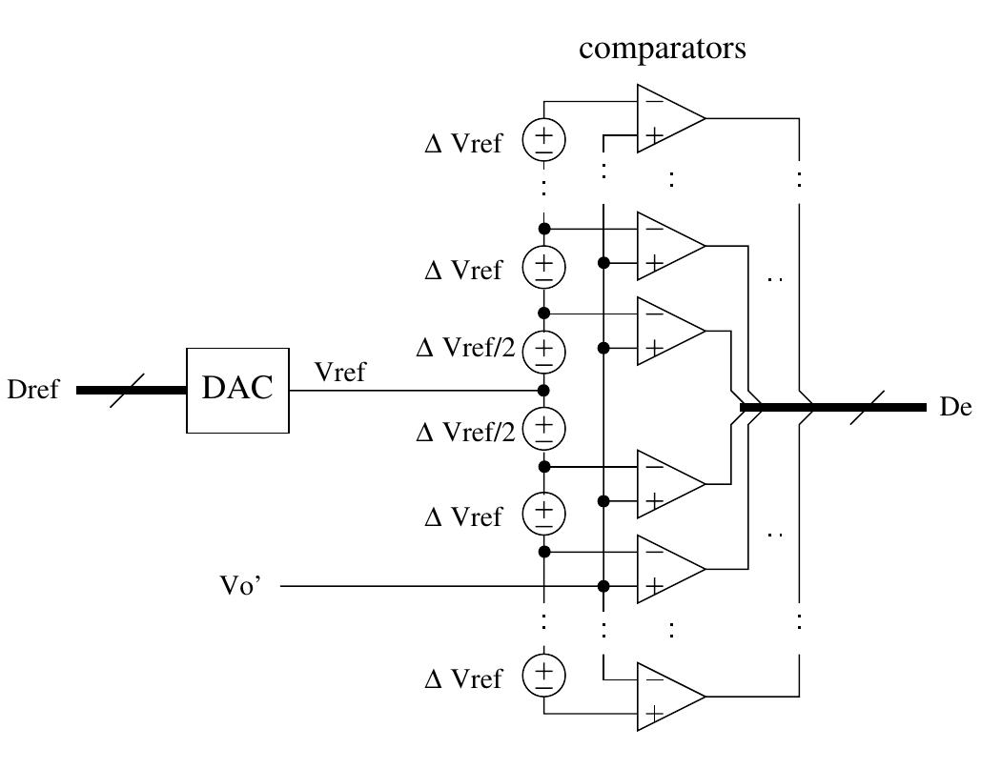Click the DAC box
pos(237,390)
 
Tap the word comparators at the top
pos(663,49)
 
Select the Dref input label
pos(33,390)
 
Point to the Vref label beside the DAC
pos(339,373)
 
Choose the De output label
pos(955,407)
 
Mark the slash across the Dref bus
pos(122,390)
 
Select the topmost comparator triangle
pos(668,119)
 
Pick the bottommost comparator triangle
pos(668,697)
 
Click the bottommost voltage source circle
pos(543,675)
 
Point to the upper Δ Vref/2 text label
pos(464,349)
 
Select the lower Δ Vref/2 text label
pos(464,433)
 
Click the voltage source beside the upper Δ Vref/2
pos(543,349)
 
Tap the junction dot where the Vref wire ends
pos(543,391)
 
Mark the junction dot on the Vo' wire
pos(603,586)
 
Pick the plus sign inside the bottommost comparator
pos(653,714)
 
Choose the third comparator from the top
pos(668,331)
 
